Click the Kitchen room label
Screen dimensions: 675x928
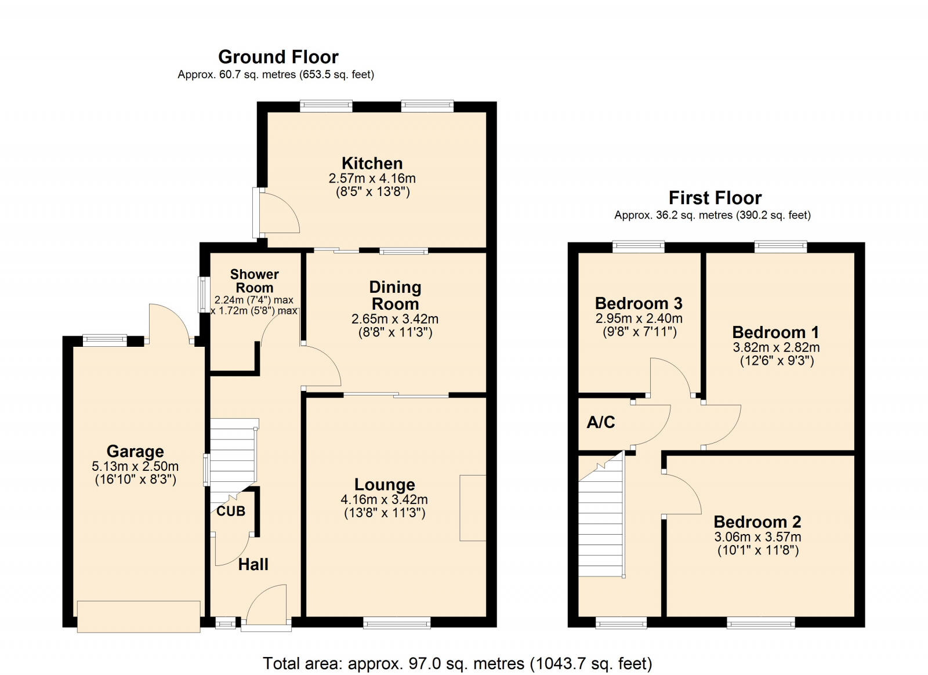point(372,163)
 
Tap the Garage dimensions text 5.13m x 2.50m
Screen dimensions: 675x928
point(135,466)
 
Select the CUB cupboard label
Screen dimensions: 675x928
point(231,511)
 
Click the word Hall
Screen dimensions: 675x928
point(253,564)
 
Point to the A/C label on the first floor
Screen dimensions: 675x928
point(601,422)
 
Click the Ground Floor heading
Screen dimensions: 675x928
point(278,57)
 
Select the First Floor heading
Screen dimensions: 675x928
point(715,198)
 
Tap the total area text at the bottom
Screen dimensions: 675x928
point(457,663)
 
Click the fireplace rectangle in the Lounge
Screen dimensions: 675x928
point(473,508)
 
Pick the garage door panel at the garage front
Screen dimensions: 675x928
point(139,616)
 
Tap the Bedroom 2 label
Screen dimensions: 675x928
point(757,522)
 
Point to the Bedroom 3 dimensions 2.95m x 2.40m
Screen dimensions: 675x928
point(639,318)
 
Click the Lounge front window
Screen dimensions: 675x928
point(397,623)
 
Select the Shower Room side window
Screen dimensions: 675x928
point(203,295)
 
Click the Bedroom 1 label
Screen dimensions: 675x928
point(775,332)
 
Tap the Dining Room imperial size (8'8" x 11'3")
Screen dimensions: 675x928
point(395,332)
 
